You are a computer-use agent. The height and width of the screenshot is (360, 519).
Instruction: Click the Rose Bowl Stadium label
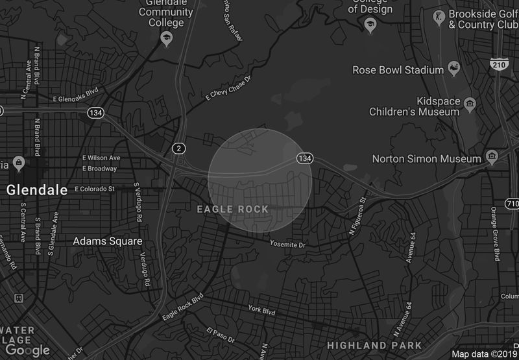click(400, 70)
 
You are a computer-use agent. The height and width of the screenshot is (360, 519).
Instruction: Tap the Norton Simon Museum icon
click(492, 158)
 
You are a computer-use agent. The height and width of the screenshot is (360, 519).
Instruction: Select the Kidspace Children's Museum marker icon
click(470, 103)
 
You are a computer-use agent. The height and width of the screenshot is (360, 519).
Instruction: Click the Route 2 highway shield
click(178, 149)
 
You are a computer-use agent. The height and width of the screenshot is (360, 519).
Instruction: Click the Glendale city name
click(37, 190)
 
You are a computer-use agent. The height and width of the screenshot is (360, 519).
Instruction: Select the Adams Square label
click(107, 241)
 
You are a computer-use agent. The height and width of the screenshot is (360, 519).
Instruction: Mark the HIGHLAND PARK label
click(374, 345)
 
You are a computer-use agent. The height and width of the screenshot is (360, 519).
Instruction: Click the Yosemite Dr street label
click(288, 245)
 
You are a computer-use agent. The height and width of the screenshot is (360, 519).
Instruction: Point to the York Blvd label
click(262, 311)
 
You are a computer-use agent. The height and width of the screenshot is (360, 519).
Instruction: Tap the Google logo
click(27, 350)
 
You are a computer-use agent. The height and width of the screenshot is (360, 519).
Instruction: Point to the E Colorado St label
click(95, 189)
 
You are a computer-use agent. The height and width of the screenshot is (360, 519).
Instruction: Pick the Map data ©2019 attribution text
click(485, 354)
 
